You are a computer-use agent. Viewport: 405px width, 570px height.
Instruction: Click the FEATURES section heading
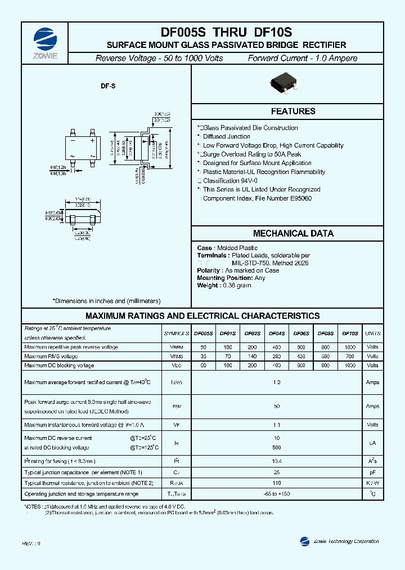(293, 112)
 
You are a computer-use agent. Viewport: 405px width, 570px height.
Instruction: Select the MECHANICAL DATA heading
(293, 233)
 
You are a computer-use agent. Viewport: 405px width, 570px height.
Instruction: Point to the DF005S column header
(203, 334)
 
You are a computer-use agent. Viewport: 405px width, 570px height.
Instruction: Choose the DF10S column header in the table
(350, 334)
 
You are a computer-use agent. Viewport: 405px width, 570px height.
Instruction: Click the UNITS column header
(372, 334)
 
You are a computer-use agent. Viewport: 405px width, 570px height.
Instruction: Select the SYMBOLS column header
(176, 334)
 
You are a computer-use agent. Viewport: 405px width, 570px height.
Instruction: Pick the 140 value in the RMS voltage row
(252, 357)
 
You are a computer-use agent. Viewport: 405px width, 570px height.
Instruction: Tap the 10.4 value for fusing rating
(276, 461)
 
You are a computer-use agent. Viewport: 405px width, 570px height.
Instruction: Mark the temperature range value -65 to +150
(276, 494)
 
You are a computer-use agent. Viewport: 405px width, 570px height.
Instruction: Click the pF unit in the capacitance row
(372, 473)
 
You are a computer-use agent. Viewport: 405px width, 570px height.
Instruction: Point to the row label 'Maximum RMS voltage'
(51, 357)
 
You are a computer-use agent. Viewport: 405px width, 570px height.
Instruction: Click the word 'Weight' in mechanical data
(208, 286)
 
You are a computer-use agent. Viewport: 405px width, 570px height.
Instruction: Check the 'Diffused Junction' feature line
(227, 136)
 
